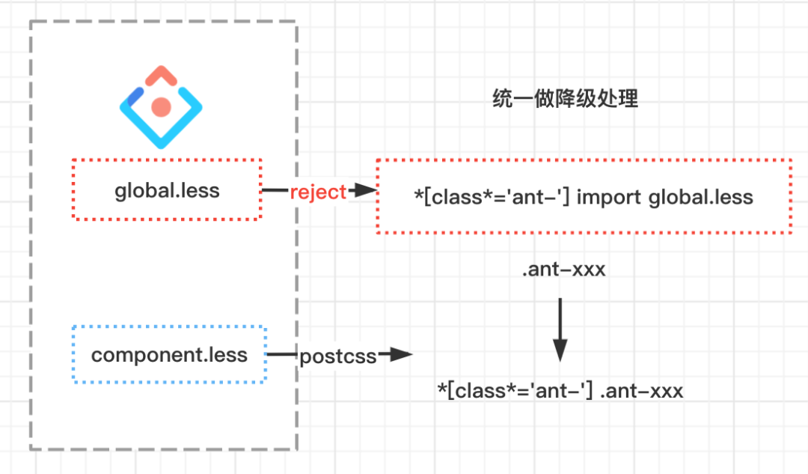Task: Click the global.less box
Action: pyautogui.click(x=167, y=189)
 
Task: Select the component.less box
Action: pyautogui.click(x=169, y=354)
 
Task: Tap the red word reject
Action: pyautogui.click(x=319, y=192)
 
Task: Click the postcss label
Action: pyautogui.click(x=337, y=356)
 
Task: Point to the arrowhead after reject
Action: pyautogui.click(x=364, y=191)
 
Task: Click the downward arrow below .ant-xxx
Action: pyautogui.click(x=560, y=329)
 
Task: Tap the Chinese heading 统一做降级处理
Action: pyautogui.click(x=566, y=99)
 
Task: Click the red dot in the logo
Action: pyautogui.click(x=161, y=106)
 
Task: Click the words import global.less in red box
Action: pyautogui.click(x=665, y=197)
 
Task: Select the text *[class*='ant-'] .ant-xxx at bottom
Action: pyautogui.click(x=560, y=390)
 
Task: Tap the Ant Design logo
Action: pyautogui.click(x=161, y=106)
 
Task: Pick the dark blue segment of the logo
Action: pyautogui.click(x=135, y=96)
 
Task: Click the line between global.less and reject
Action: pyautogui.click(x=275, y=191)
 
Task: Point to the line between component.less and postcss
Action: pyautogui.click(x=283, y=355)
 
